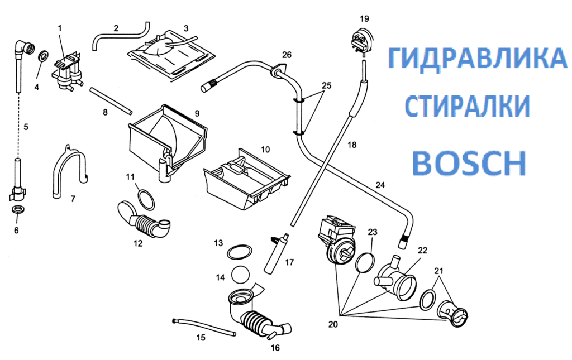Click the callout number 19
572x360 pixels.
(x=364, y=18)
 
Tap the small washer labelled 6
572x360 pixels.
(x=17, y=210)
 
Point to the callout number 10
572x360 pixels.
(x=265, y=149)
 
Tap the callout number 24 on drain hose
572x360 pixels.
(x=380, y=185)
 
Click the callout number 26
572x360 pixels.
(x=286, y=55)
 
